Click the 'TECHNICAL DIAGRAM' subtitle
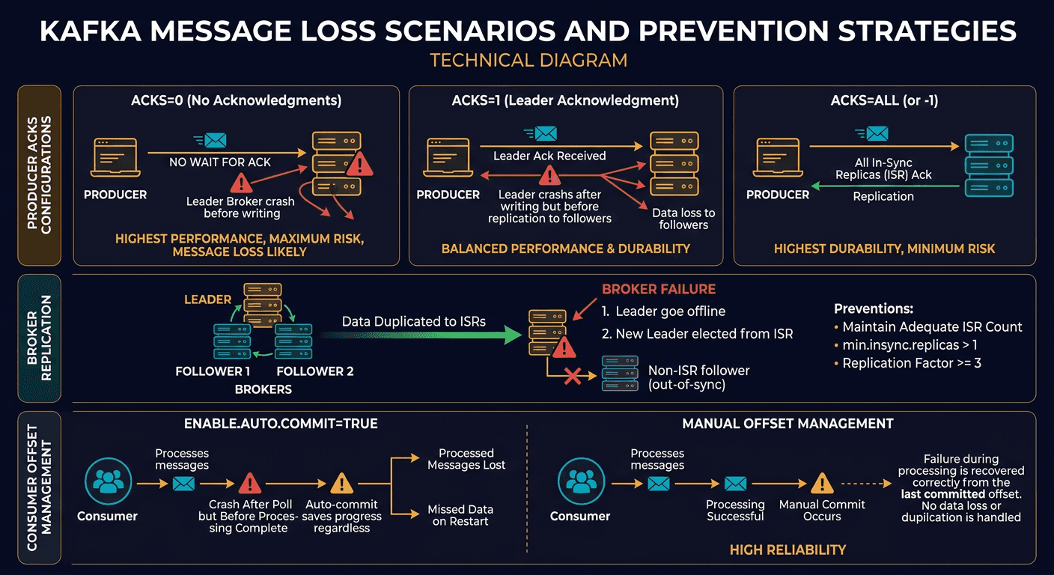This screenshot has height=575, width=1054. click(528, 60)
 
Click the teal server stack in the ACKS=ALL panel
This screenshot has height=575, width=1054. click(989, 165)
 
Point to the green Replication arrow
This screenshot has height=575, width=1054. click(884, 187)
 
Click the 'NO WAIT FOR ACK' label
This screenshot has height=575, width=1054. click(220, 162)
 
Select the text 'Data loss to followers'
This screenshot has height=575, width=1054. click(683, 219)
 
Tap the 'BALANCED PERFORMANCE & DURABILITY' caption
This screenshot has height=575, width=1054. click(566, 248)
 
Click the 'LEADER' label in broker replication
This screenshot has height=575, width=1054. click(207, 299)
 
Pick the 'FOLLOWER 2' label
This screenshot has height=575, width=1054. click(314, 371)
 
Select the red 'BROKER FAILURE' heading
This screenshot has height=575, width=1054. click(659, 289)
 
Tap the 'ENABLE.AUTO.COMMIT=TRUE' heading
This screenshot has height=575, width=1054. click(281, 424)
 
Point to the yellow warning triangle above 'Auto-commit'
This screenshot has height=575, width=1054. click(341, 484)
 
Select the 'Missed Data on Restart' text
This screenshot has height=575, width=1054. click(460, 515)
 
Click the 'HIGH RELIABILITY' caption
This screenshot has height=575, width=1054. click(788, 550)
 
